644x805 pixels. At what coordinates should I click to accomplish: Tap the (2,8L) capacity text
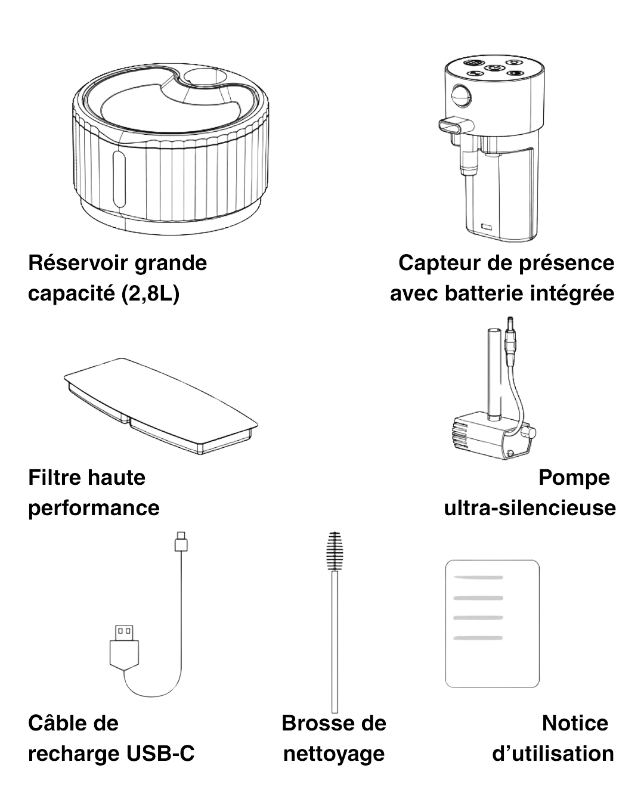click(150, 293)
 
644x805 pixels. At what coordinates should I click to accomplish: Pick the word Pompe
click(574, 478)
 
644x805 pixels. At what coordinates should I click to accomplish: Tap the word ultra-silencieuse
click(530, 507)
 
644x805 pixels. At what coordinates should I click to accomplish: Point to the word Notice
click(575, 723)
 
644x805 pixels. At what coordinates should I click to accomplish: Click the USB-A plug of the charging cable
click(124, 648)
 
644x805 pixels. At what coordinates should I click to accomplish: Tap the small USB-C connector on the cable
click(181, 541)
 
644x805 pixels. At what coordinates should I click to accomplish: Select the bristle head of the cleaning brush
click(335, 551)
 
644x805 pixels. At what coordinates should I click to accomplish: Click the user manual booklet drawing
click(492, 624)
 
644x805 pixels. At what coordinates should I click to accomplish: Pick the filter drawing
click(160, 406)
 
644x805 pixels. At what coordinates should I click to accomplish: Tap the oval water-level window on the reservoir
click(119, 179)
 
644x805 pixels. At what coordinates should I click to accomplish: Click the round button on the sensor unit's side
click(461, 96)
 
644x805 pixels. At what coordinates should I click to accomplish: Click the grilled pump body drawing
click(493, 436)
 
